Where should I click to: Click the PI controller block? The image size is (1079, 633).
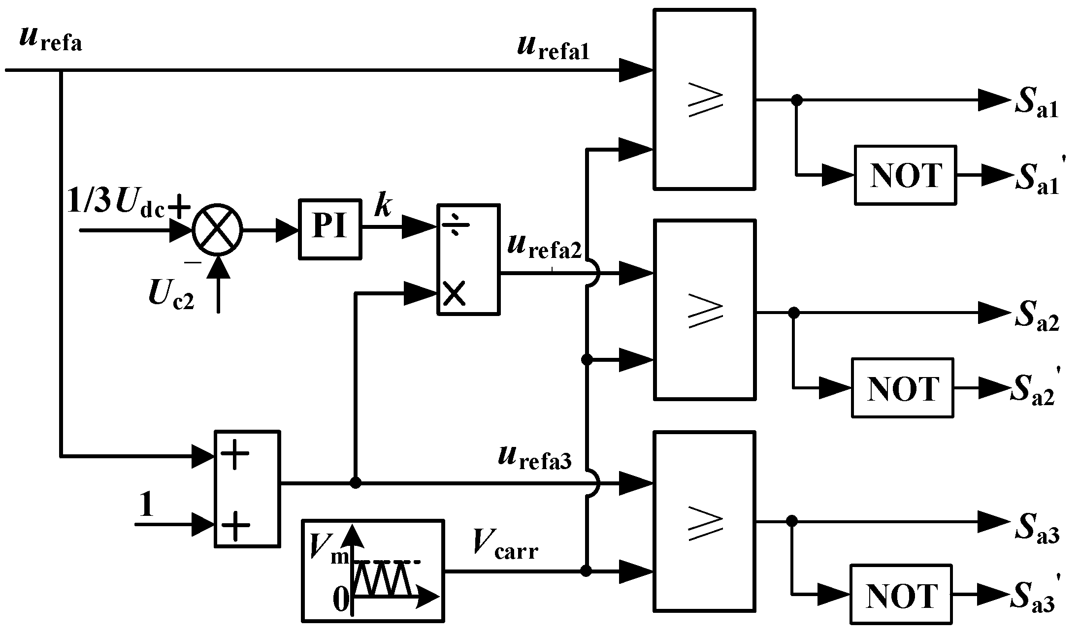point(329,229)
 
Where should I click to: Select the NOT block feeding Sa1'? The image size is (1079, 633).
point(905,175)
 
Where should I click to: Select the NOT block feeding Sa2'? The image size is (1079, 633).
point(903,388)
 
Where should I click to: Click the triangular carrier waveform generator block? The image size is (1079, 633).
point(373,570)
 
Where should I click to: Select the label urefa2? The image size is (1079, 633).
point(545,246)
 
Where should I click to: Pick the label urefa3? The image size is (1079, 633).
point(535,458)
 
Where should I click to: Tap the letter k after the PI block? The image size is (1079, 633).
point(383,205)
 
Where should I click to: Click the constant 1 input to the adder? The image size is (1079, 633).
point(146,504)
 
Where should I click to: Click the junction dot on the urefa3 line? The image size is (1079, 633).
point(355,483)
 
